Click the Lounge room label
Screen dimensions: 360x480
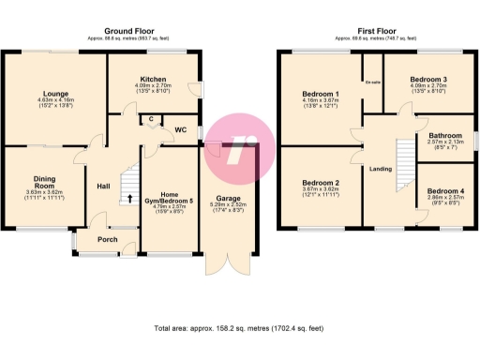click(x=52, y=93)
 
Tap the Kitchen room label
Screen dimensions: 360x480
click(x=152, y=79)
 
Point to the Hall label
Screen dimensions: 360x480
click(x=104, y=186)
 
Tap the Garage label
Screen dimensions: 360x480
click(x=229, y=199)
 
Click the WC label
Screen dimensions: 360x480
click(x=184, y=130)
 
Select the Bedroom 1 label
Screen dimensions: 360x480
click(x=321, y=94)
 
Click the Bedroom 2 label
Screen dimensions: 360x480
click(x=321, y=183)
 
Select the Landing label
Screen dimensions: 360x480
click(x=381, y=169)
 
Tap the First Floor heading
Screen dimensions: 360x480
click(x=378, y=31)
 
